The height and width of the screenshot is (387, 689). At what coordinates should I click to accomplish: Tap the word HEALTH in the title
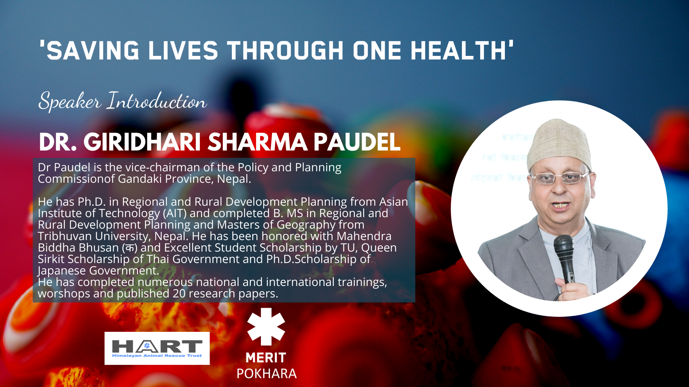pos(458,51)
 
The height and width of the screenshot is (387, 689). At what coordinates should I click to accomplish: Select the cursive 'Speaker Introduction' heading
pos(122,101)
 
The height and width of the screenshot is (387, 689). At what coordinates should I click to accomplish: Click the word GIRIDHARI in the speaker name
pos(142,142)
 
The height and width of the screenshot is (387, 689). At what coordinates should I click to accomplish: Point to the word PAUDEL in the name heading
pos(357,142)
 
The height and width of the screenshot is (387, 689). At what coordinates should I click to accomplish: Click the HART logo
pos(157,348)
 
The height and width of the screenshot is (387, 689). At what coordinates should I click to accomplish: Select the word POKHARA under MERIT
pos(266,373)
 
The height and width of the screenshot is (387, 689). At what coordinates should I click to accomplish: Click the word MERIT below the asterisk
pos(266,358)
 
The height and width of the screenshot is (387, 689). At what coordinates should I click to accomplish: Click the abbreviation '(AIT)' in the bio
pos(175,214)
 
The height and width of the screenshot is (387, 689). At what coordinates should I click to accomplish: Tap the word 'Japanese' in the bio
pos(62,271)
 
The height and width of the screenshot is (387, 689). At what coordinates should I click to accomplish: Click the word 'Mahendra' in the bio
pos(364,236)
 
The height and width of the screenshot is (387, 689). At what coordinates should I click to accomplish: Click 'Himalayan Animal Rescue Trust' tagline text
pos(157,355)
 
